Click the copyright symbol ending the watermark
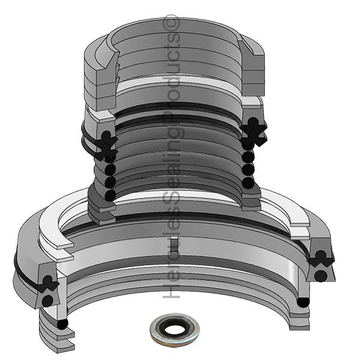point(173,22)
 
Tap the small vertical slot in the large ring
point(173,244)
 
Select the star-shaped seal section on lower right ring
point(320,259)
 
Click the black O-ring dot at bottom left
point(63,325)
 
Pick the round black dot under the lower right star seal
point(321,275)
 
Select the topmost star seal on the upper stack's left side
point(107,140)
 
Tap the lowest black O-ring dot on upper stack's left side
point(110,195)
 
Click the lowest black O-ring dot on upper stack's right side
point(247,182)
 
